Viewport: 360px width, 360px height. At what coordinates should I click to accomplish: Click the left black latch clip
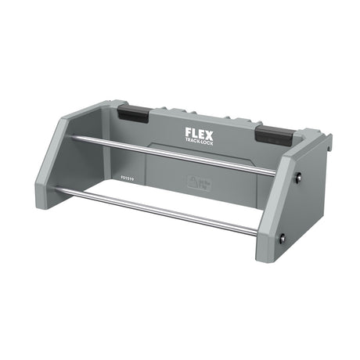coord(135,114)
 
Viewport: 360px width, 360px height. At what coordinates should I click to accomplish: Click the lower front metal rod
coord(157,209)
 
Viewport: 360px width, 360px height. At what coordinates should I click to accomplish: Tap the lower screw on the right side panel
coord(283,239)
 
